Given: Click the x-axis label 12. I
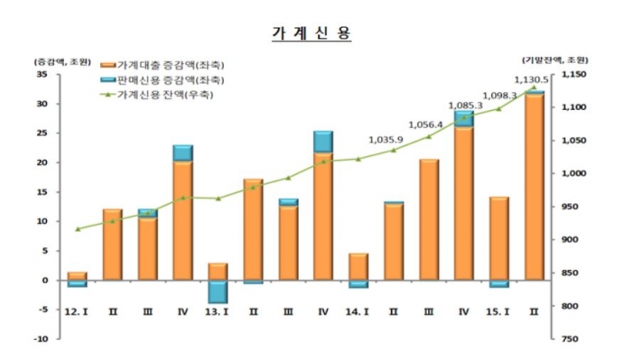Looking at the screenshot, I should pyautogui.click(x=76, y=312).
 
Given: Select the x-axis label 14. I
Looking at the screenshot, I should pyautogui.click(x=358, y=312).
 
